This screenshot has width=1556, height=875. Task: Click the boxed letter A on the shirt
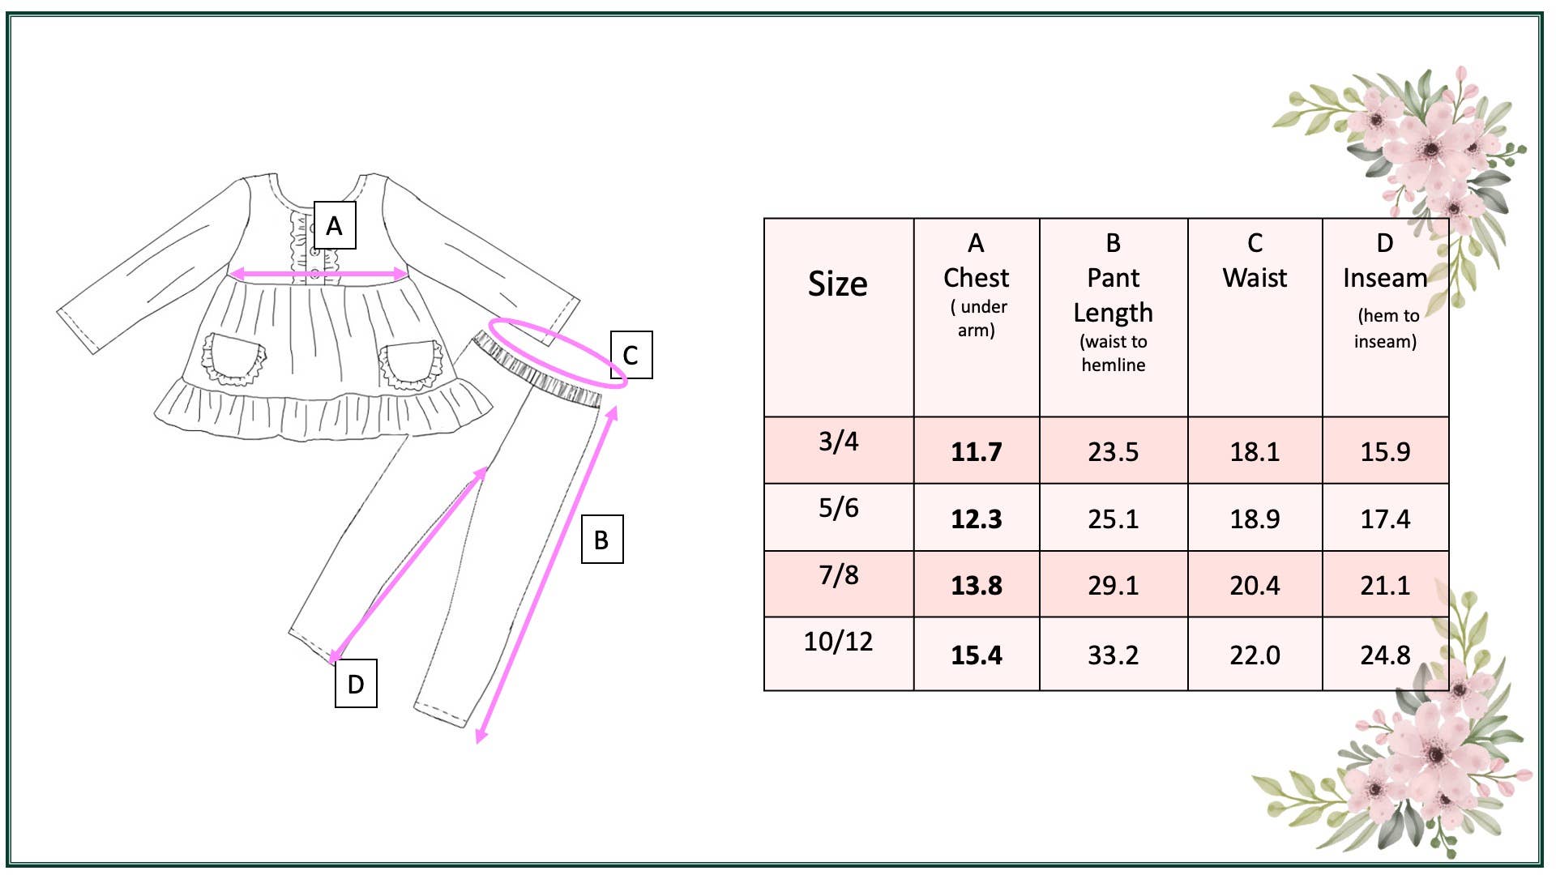335,226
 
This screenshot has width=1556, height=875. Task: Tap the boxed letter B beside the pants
602,540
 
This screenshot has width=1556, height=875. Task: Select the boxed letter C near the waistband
631,355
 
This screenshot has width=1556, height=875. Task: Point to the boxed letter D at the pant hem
356,684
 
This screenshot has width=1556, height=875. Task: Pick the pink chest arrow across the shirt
319,275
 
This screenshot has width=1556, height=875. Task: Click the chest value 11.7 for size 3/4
977,451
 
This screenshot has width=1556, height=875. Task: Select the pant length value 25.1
1114,519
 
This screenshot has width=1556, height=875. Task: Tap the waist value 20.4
1255,585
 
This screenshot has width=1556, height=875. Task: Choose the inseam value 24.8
1385,655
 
